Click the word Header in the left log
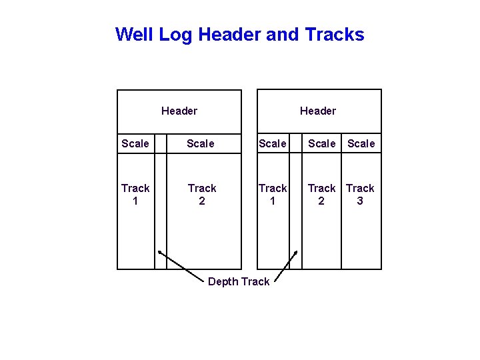179,111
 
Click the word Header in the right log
318,111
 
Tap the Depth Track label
239,281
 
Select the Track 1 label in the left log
135,194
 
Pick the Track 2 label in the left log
202,194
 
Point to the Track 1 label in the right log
273,194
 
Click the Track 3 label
360,194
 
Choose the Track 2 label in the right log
321,194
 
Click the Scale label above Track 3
361,143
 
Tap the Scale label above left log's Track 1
135,143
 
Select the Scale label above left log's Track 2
201,143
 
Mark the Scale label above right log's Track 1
273,143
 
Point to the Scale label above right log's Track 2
322,143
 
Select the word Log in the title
175,34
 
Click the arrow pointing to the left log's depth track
180,264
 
